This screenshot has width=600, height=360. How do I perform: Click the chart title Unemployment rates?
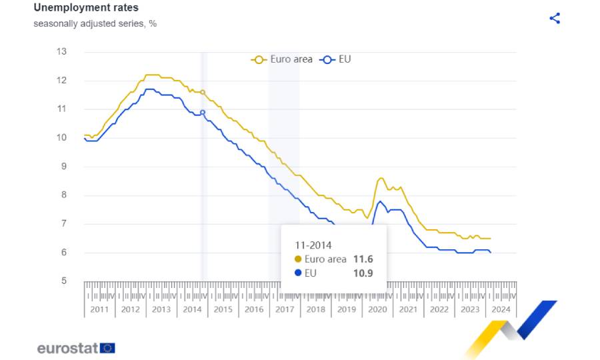point(86,8)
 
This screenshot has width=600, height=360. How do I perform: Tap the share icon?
point(555,19)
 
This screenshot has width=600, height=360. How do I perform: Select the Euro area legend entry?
point(282,59)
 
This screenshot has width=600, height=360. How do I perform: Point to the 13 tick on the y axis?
point(61,51)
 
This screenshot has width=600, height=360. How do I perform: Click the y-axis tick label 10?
point(61,138)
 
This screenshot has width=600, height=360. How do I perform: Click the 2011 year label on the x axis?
point(99,309)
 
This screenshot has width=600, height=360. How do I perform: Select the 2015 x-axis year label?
point(223,309)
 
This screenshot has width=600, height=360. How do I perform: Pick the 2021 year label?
point(408,309)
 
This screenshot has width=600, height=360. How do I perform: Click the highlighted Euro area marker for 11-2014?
point(203,92)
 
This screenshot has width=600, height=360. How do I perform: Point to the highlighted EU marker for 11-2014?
point(203,113)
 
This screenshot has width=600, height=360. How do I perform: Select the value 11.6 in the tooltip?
point(363,259)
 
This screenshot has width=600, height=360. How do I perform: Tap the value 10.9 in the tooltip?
point(363,273)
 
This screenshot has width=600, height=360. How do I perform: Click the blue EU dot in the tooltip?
point(297,273)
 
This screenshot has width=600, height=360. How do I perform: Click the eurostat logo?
point(76,347)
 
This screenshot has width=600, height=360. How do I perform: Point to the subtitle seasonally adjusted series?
point(95,23)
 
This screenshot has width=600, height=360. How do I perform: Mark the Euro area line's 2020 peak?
point(381,178)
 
